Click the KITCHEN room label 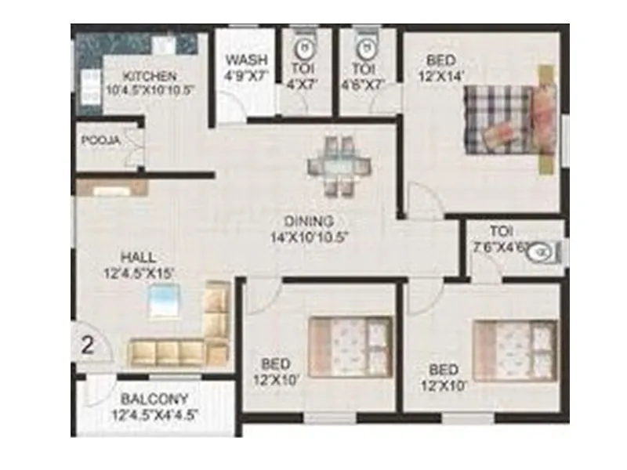tap(150, 76)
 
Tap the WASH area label tap(246, 60)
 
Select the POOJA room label tap(100, 141)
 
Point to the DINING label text tap(309, 221)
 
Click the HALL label tap(138, 257)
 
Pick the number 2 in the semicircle tap(88, 345)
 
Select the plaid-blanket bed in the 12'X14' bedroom tap(509, 121)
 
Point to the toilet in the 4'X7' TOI tap(307, 45)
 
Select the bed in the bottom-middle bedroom tap(350, 345)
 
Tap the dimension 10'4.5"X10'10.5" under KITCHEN tap(150, 90)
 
